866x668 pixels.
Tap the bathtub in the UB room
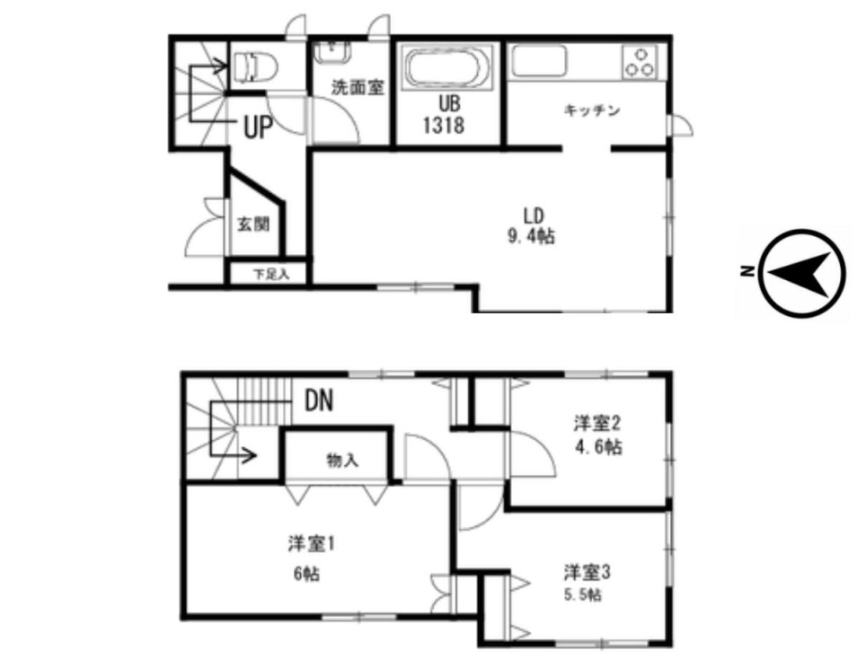click(448, 67)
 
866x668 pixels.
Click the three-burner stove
click(641, 62)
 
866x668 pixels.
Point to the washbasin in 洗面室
click(331, 51)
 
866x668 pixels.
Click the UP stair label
click(259, 127)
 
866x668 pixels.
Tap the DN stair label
click(319, 400)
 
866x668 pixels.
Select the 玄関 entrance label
click(253, 224)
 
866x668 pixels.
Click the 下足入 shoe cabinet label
click(271, 274)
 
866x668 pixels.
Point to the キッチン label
click(593, 110)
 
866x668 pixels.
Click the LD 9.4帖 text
click(531, 225)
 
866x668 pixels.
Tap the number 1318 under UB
click(444, 126)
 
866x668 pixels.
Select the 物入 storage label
click(342, 460)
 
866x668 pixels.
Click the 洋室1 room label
click(312, 544)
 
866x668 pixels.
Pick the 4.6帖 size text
click(598, 446)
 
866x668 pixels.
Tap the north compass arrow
click(798, 274)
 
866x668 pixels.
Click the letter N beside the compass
click(747, 271)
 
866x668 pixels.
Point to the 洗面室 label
click(358, 87)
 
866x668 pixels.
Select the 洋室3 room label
click(588, 573)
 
